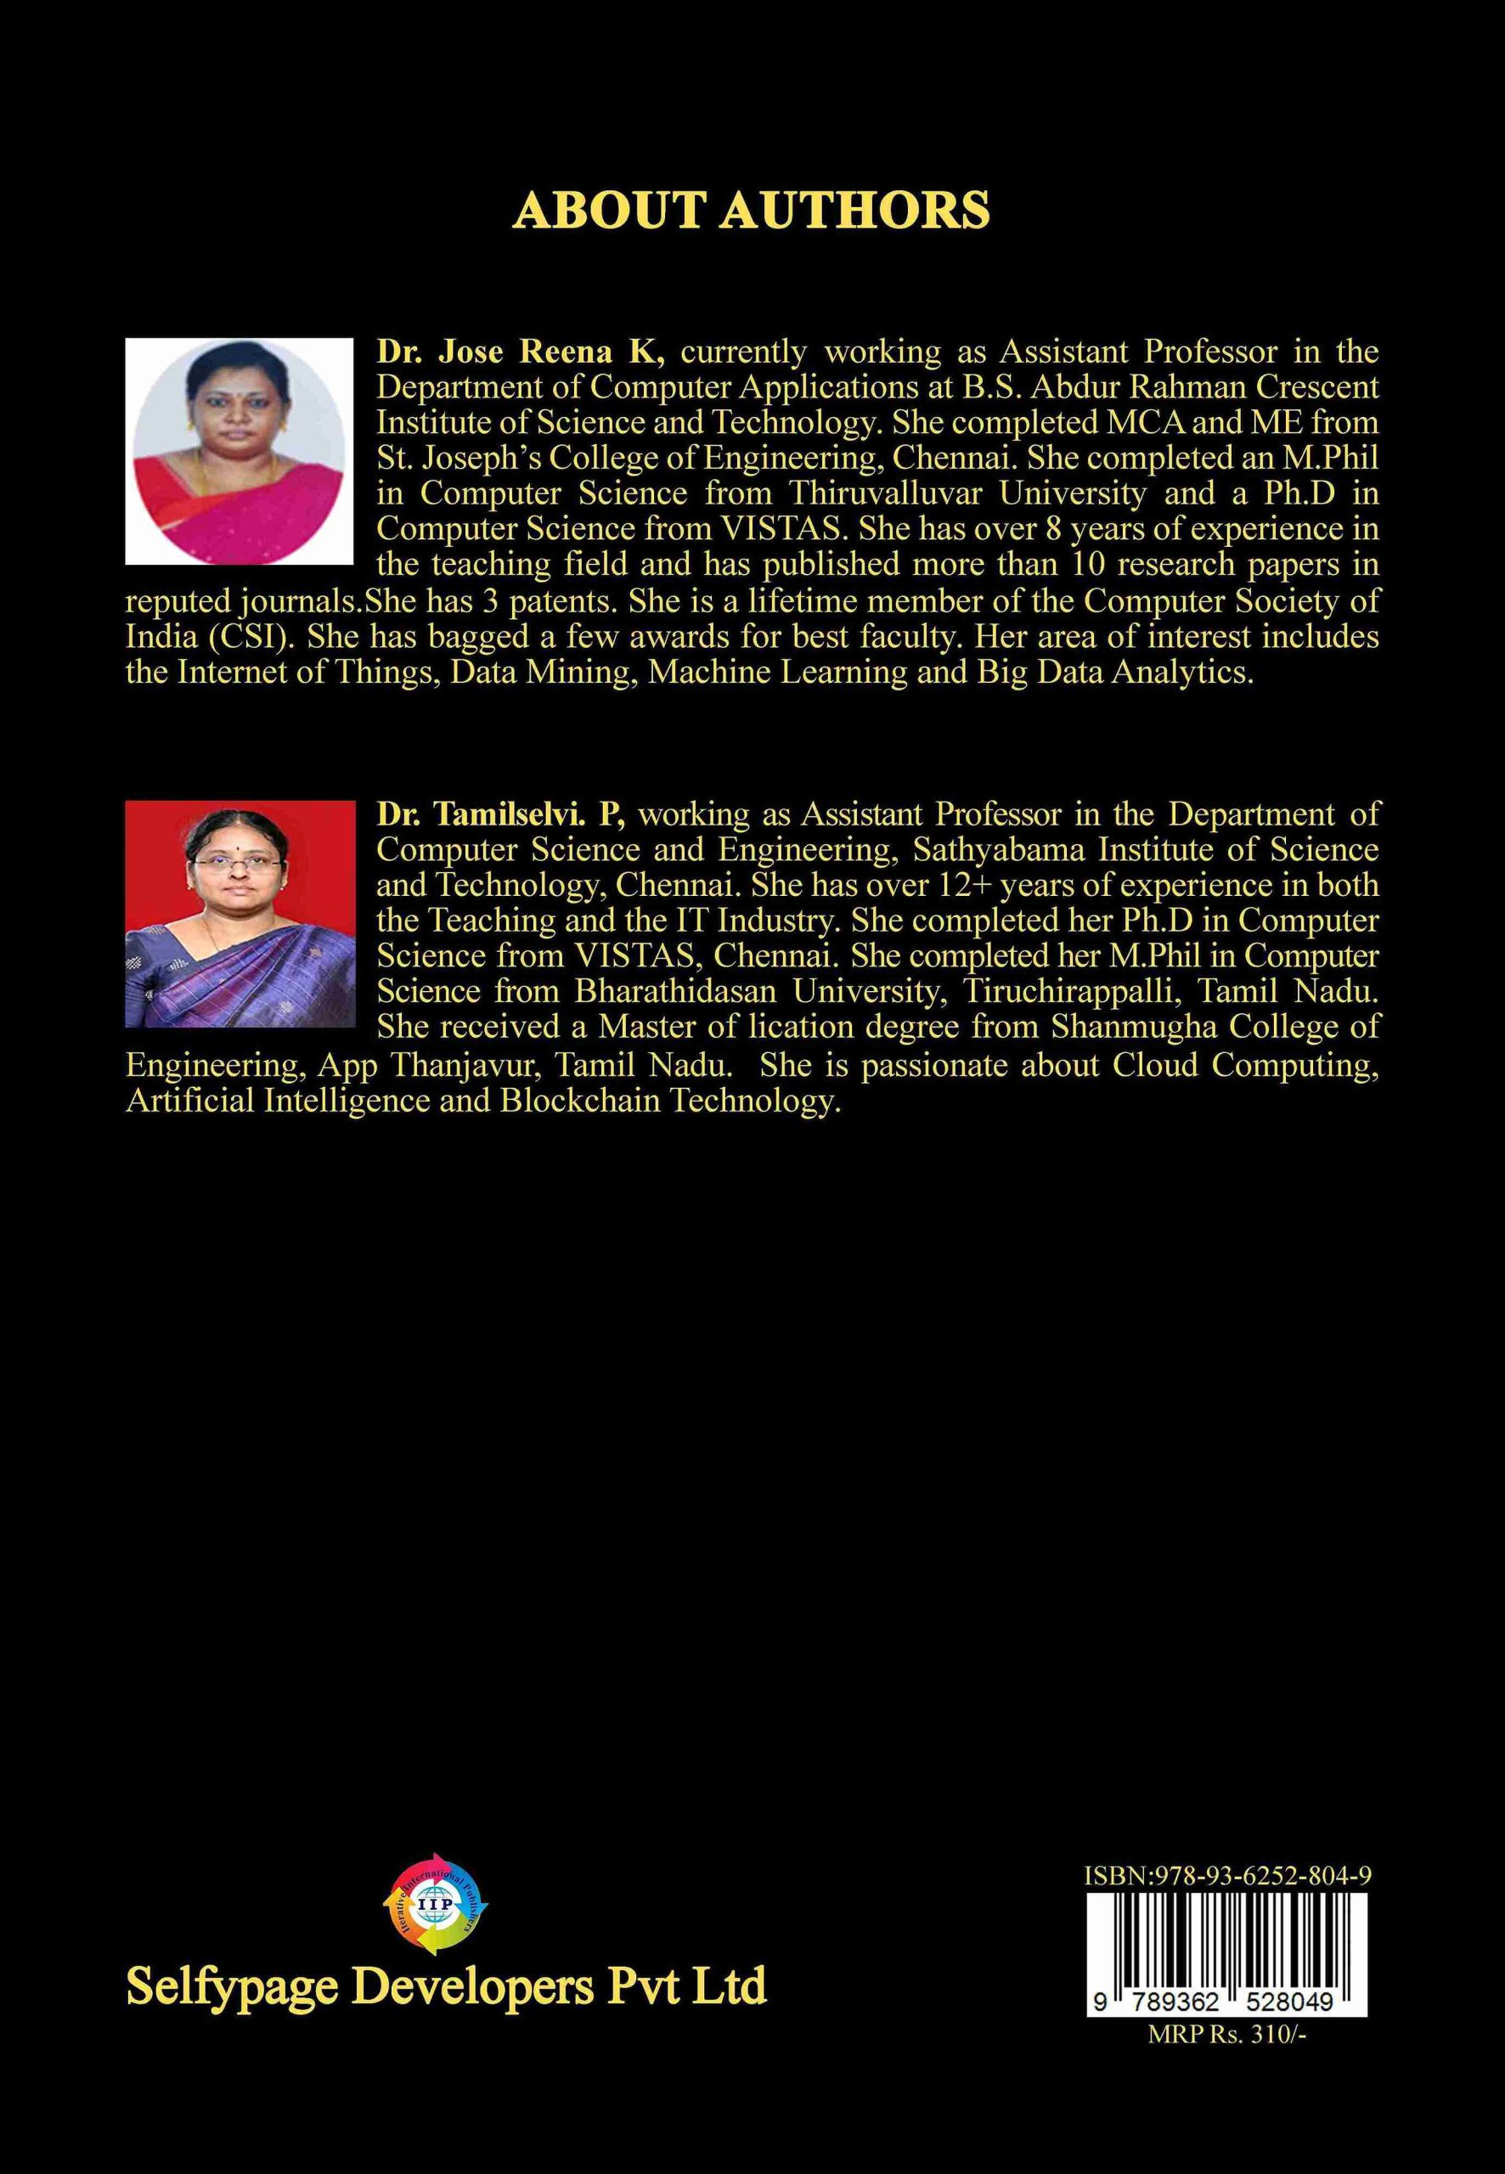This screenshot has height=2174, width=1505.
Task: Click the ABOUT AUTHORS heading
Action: point(752,211)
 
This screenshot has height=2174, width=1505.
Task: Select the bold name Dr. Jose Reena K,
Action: point(521,352)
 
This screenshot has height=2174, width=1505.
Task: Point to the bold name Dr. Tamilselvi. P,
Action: point(502,814)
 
